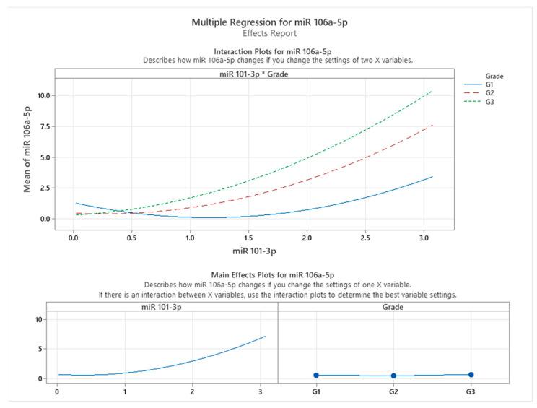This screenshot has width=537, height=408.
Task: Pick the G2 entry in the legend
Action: [491, 93]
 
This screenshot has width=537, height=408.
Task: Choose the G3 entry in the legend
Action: [491, 102]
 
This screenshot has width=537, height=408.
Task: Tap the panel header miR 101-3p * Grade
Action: [253, 72]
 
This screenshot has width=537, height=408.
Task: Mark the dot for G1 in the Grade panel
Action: [316, 375]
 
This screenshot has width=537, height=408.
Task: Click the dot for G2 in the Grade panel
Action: [393, 376]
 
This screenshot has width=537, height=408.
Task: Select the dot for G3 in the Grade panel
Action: [471, 374]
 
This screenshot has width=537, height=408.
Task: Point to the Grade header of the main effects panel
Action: [393, 306]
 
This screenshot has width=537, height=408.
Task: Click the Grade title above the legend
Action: [474, 74]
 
